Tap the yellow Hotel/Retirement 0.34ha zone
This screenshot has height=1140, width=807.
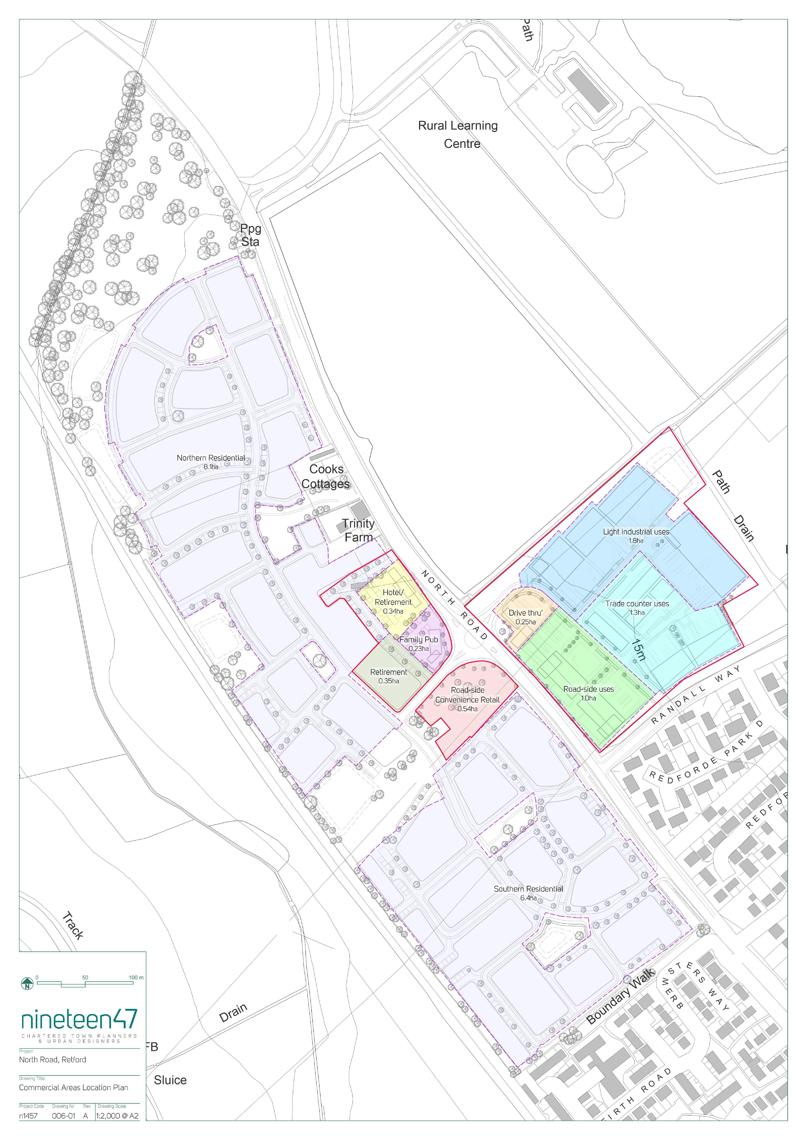[393, 602]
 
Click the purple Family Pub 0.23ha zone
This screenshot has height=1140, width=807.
[418, 644]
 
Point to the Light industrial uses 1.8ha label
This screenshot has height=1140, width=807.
[636, 536]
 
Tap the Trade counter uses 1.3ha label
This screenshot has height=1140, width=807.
[637, 608]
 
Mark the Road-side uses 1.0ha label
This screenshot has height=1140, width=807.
[588, 693]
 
